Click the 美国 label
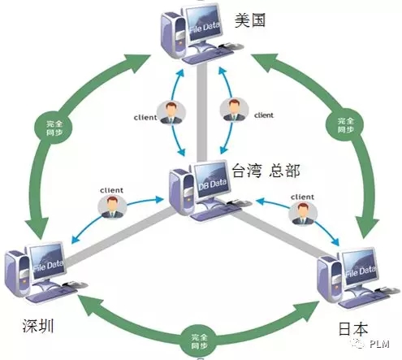pos(249,20)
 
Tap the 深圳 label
pos(38,325)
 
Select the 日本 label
pos(353,328)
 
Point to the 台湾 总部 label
pos(266,171)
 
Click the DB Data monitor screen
pos(211,180)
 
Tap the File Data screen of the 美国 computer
pos(204,24)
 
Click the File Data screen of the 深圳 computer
pos(48,262)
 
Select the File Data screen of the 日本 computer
pos(360,268)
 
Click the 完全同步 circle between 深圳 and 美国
pos(54,128)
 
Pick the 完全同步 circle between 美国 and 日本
pos(345,125)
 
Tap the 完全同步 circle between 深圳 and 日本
pos(199,341)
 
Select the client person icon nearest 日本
pos(303,214)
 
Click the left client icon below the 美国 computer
pos(171,113)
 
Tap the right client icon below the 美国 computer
pos(234,110)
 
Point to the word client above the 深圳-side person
pos(111,190)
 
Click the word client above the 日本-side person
pos(302,197)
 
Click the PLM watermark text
pos(379,344)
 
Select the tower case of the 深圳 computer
pos(18,273)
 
